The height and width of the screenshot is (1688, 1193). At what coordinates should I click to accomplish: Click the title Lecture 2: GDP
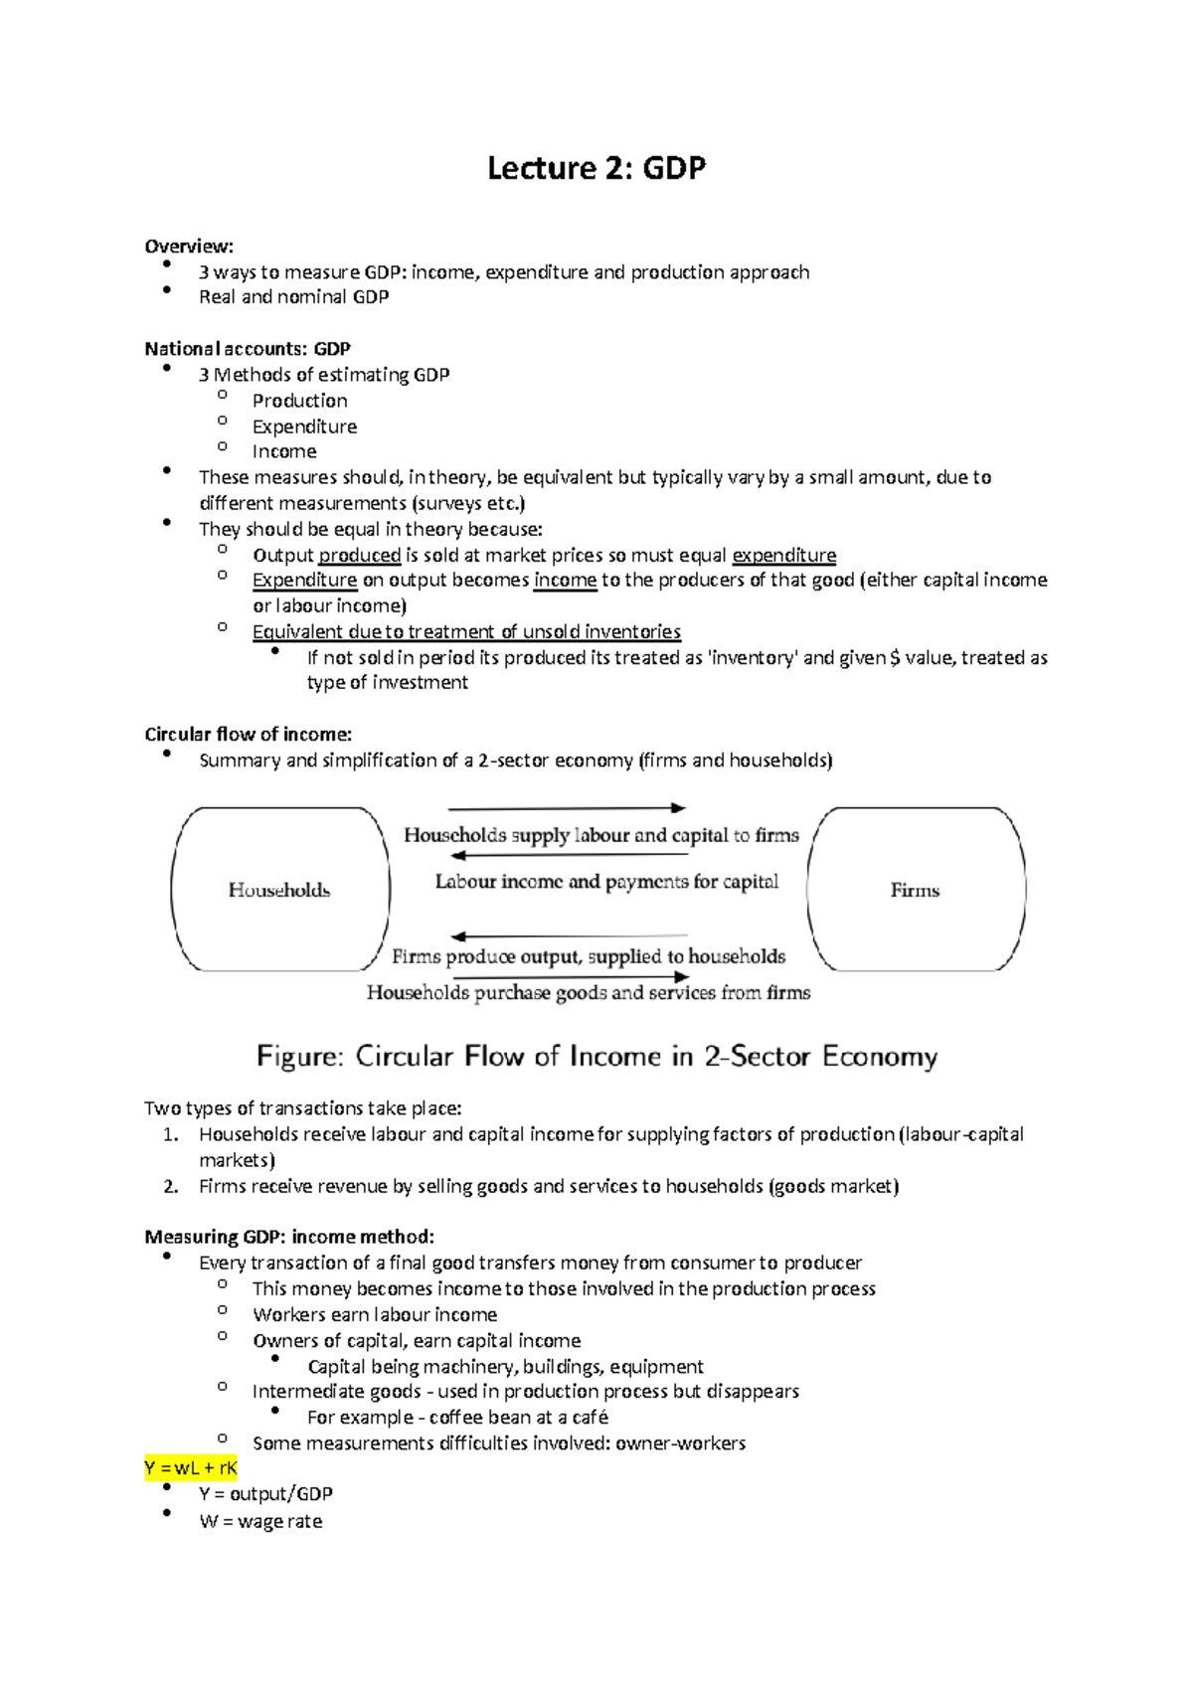pos(596,168)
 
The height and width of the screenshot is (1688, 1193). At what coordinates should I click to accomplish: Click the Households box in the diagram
pos(279,889)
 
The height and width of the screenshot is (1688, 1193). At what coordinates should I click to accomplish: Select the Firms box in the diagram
pos(916,889)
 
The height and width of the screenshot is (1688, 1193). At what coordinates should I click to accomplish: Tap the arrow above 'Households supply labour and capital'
pos(567,808)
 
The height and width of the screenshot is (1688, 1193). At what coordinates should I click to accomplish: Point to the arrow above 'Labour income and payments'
pos(569,855)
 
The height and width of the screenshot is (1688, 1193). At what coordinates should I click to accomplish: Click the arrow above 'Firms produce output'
pos(569,936)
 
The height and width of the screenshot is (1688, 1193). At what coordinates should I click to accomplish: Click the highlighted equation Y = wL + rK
pos(191,1468)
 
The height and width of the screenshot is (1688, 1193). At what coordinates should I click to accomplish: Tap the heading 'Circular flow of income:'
pos(248,735)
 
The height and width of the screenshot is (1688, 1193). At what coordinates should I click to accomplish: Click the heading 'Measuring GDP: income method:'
pos(289,1237)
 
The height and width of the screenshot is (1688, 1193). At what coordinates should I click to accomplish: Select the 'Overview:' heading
pos(189,246)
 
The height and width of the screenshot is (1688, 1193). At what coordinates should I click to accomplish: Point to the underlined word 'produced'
pos(359,555)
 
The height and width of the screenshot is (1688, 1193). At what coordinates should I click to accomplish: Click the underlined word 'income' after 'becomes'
pos(565,580)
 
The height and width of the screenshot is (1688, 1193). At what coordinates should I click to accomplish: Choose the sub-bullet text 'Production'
pos(299,401)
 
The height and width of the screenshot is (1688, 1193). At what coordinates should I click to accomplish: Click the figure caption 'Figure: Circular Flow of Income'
pos(596,1056)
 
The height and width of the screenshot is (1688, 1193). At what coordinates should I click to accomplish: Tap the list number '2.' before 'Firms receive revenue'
pos(171,1186)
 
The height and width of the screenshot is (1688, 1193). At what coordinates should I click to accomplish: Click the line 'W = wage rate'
pos(260,1521)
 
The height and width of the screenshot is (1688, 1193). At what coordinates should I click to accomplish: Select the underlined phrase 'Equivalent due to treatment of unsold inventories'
pos(466,631)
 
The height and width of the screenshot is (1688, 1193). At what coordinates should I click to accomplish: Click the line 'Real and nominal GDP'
pos(293,296)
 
